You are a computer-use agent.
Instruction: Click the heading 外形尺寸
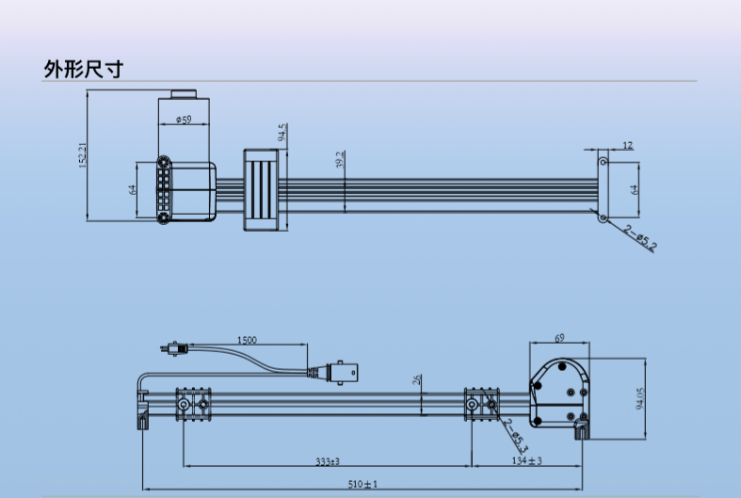point(83,69)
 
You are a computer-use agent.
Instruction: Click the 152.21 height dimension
point(82,156)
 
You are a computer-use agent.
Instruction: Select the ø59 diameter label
point(184,120)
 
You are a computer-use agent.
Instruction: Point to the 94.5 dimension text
point(282,133)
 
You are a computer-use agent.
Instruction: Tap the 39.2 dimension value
point(340,160)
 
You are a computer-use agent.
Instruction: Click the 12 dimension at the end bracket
point(627,146)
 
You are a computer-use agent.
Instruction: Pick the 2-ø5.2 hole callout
point(640,238)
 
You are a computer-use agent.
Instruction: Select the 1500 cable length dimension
point(247,340)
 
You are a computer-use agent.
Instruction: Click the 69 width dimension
point(559,338)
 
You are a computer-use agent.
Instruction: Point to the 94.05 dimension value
point(640,398)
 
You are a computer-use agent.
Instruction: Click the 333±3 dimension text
point(328,461)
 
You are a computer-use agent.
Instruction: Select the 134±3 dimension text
point(526,460)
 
